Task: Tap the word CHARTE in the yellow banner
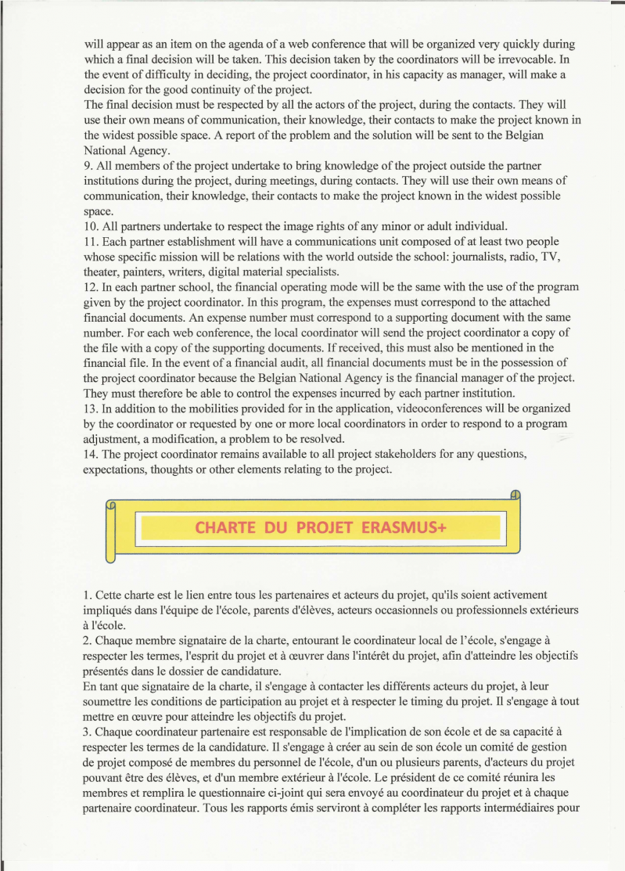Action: click(x=224, y=527)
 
